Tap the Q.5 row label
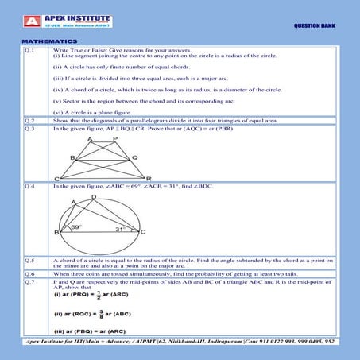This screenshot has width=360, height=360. (x=29, y=260)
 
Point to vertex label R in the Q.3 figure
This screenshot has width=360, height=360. (x=149, y=179)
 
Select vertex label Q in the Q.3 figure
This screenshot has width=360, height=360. (x=134, y=157)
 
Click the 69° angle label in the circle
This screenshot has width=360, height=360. (x=75, y=226)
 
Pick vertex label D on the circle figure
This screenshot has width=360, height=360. (x=94, y=195)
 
